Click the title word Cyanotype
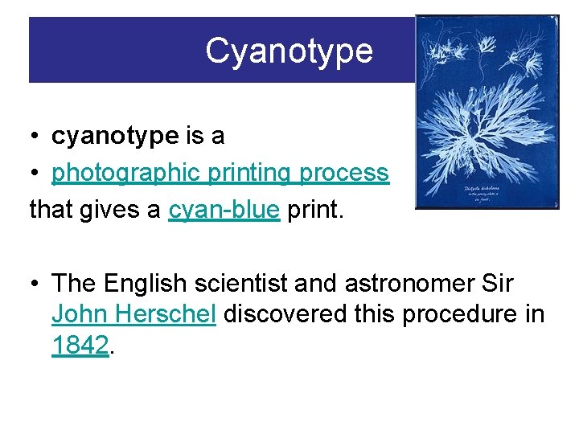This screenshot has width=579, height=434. (x=289, y=51)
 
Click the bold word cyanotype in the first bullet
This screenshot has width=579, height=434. (x=114, y=137)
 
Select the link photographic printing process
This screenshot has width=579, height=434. (x=220, y=173)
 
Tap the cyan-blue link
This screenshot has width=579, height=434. (x=224, y=210)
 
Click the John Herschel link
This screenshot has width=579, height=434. (x=133, y=314)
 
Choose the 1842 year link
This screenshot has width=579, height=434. (x=80, y=346)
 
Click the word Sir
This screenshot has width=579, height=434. (x=497, y=284)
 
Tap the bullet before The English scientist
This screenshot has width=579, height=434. (x=36, y=285)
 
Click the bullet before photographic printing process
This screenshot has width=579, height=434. (x=36, y=174)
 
